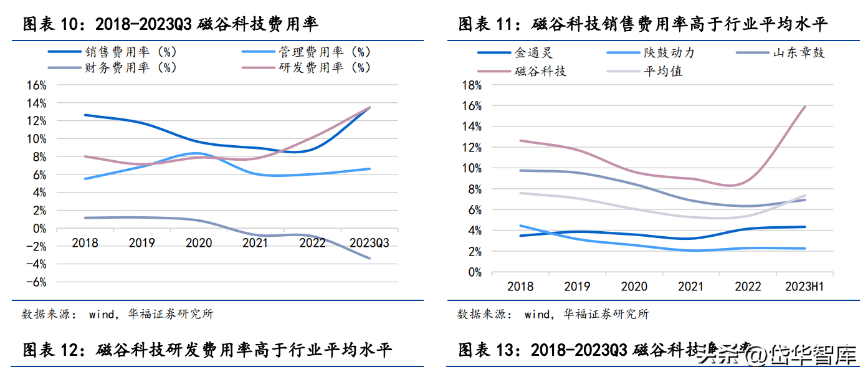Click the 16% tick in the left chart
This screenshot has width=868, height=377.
click(x=37, y=85)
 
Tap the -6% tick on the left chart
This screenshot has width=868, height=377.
click(x=37, y=282)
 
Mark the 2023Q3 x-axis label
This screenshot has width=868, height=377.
click(x=370, y=243)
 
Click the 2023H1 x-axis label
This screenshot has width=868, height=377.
click(x=805, y=287)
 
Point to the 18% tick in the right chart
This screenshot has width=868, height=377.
click(x=472, y=85)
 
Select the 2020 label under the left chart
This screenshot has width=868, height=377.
click(x=199, y=243)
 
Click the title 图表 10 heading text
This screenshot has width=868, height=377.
click(x=171, y=24)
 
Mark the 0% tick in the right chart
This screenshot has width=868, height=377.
click(x=475, y=272)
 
